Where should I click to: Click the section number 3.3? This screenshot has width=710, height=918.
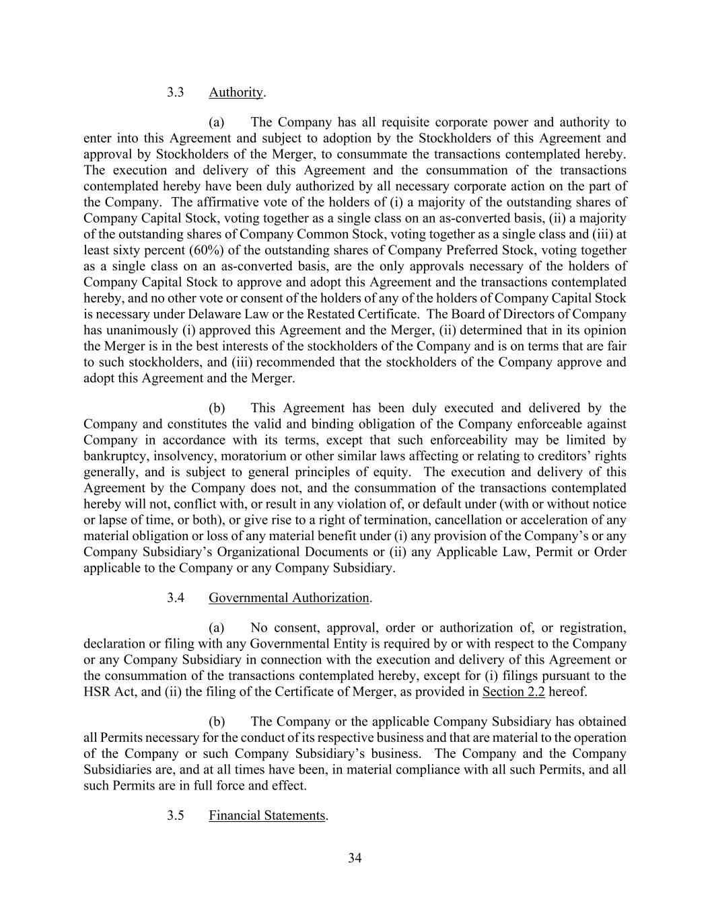point(176,92)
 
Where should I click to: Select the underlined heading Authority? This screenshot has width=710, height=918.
point(236,92)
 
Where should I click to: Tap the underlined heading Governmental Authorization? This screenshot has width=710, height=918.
point(289,598)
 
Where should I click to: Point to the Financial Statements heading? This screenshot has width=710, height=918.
point(267,816)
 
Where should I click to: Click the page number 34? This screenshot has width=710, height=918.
point(355,857)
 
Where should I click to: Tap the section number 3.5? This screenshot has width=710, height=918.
point(176,816)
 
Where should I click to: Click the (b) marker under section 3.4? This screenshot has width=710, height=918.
point(217,722)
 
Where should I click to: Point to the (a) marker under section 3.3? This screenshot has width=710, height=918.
point(217,122)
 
